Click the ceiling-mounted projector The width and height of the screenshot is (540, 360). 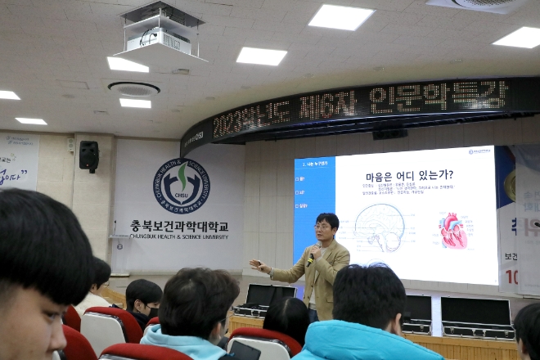coord(161,30)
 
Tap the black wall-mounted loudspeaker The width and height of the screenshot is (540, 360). coord(88,155)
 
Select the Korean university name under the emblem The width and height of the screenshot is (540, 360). coord(179,225)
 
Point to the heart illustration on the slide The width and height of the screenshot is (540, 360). coord(452,231)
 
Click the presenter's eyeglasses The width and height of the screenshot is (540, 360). coord(322,226)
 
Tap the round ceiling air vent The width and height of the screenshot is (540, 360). coord(133,88)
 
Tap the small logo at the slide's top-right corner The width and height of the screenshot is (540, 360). coord(479,151)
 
